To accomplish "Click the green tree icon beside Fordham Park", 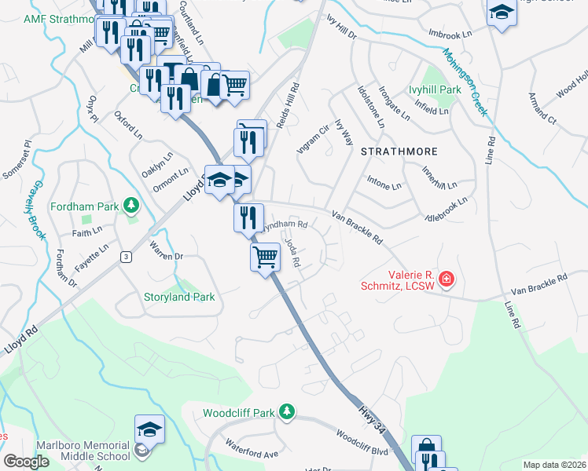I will pos(131,206).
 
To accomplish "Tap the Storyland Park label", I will pos(179,297).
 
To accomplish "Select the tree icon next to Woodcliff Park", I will pos(287,411).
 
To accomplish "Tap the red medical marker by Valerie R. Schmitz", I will pos(447,279).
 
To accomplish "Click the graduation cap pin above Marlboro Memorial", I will pos(149,429).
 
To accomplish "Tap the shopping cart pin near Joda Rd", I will pos(266,256).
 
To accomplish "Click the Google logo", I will pos(26,462).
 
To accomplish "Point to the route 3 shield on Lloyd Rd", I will pos(125,257).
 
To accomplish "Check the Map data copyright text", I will pos(554,465).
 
